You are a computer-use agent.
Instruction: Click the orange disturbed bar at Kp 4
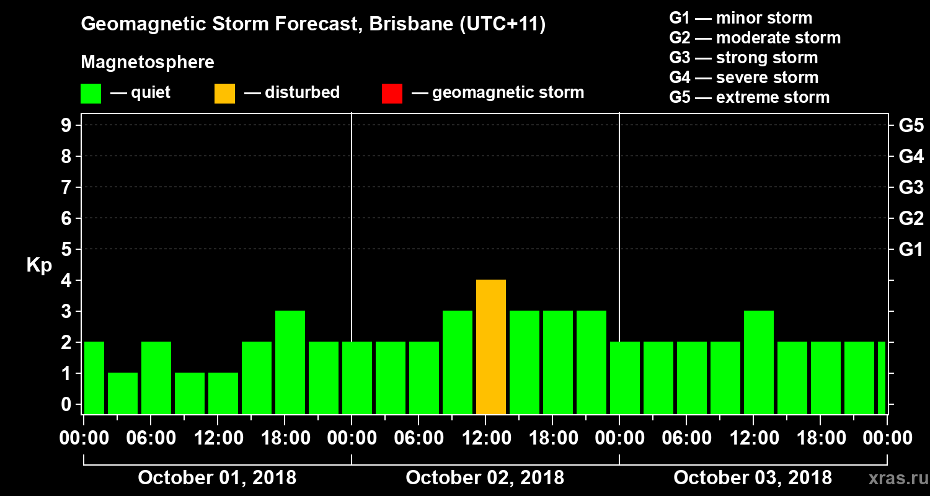(491, 347)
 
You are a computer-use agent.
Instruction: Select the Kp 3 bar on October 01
(290, 363)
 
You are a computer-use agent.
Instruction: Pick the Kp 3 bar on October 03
(759, 363)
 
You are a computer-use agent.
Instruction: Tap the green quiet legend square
(91, 93)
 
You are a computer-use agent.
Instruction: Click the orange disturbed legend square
(224, 93)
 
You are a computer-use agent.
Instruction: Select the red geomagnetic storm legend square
(392, 93)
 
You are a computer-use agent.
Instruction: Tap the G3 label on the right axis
(911, 187)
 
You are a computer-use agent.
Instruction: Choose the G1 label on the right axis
(911, 250)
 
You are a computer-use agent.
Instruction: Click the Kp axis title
(39, 265)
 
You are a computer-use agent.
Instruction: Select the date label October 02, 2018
(485, 478)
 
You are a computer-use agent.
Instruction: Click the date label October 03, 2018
(753, 478)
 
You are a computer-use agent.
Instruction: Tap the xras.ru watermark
(893, 478)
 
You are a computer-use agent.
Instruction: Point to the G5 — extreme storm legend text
(749, 97)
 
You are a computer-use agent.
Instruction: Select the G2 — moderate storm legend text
(755, 38)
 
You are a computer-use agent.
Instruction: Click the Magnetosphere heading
(148, 63)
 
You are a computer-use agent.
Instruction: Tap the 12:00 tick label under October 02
(485, 438)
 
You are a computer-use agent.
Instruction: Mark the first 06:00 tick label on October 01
(151, 438)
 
